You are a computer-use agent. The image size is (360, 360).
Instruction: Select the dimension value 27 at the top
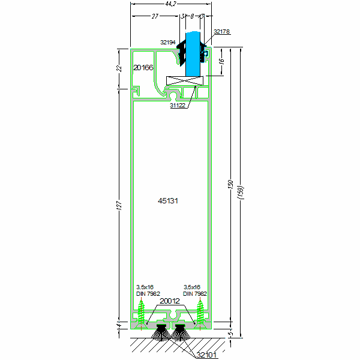(155, 16)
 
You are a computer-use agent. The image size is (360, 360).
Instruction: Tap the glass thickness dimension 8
(191, 16)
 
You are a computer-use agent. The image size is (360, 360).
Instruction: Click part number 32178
(221, 31)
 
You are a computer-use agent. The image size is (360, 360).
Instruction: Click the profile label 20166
(143, 68)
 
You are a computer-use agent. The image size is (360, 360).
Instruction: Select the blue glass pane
(193, 54)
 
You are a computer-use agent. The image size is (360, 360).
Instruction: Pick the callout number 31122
(178, 106)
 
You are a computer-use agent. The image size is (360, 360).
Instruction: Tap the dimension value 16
(221, 62)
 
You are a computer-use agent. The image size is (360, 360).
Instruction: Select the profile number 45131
(169, 202)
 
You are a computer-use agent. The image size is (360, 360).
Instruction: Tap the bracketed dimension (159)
(241, 191)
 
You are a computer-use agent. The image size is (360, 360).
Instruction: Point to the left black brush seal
(160, 332)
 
